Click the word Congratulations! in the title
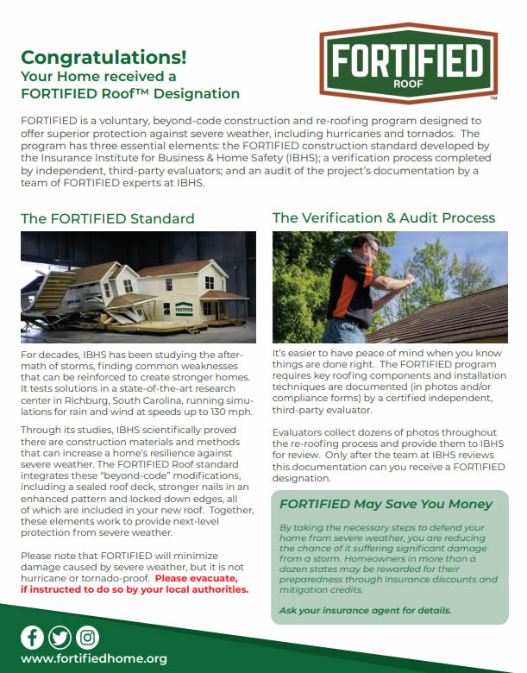pos(103,58)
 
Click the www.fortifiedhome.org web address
pos(93,658)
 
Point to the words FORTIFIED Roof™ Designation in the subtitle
pos(129,93)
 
